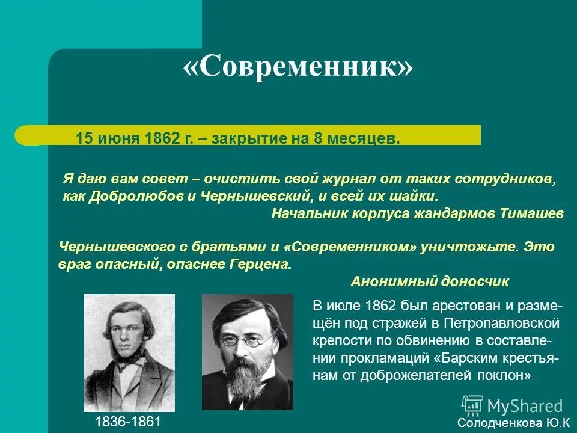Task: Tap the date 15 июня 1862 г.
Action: coord(134,139)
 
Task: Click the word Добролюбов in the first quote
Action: coord(127,197)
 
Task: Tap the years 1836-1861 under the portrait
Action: coord(128,422)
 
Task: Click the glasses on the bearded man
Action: coord(248,340)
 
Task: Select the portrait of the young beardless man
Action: coord(129,352)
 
